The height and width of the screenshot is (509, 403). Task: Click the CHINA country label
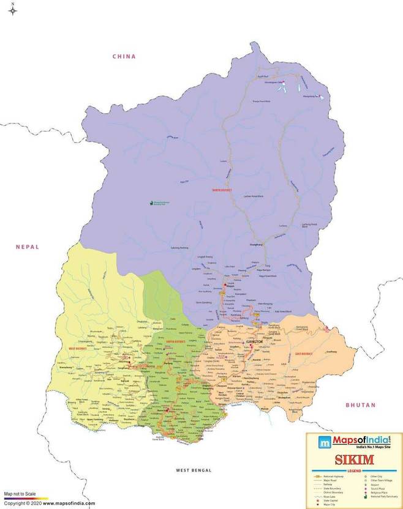[124, 56]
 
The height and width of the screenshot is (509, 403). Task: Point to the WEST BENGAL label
[193, 470]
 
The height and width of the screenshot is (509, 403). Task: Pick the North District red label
[223, 190]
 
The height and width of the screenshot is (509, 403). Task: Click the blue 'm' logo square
[322, 442]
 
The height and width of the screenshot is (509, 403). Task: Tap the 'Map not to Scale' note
[20, 493]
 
